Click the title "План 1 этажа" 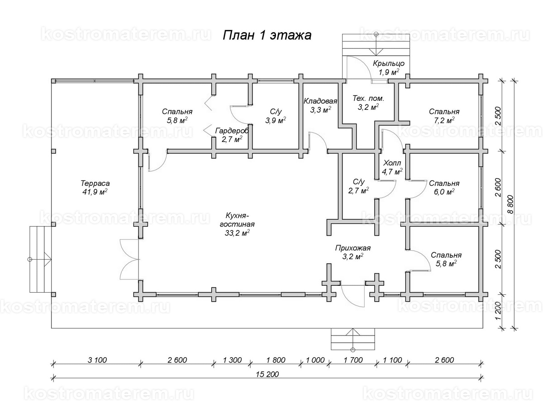click(267, 36)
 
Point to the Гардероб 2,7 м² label click(232, 135)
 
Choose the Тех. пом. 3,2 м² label click(368, 103)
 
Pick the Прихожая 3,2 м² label click(353, 252)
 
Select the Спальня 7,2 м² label click(444, 116)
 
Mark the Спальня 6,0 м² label click(444, 188)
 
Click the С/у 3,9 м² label click(275, 116)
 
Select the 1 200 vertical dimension click(498, 312)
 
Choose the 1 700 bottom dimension click(353, 360)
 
